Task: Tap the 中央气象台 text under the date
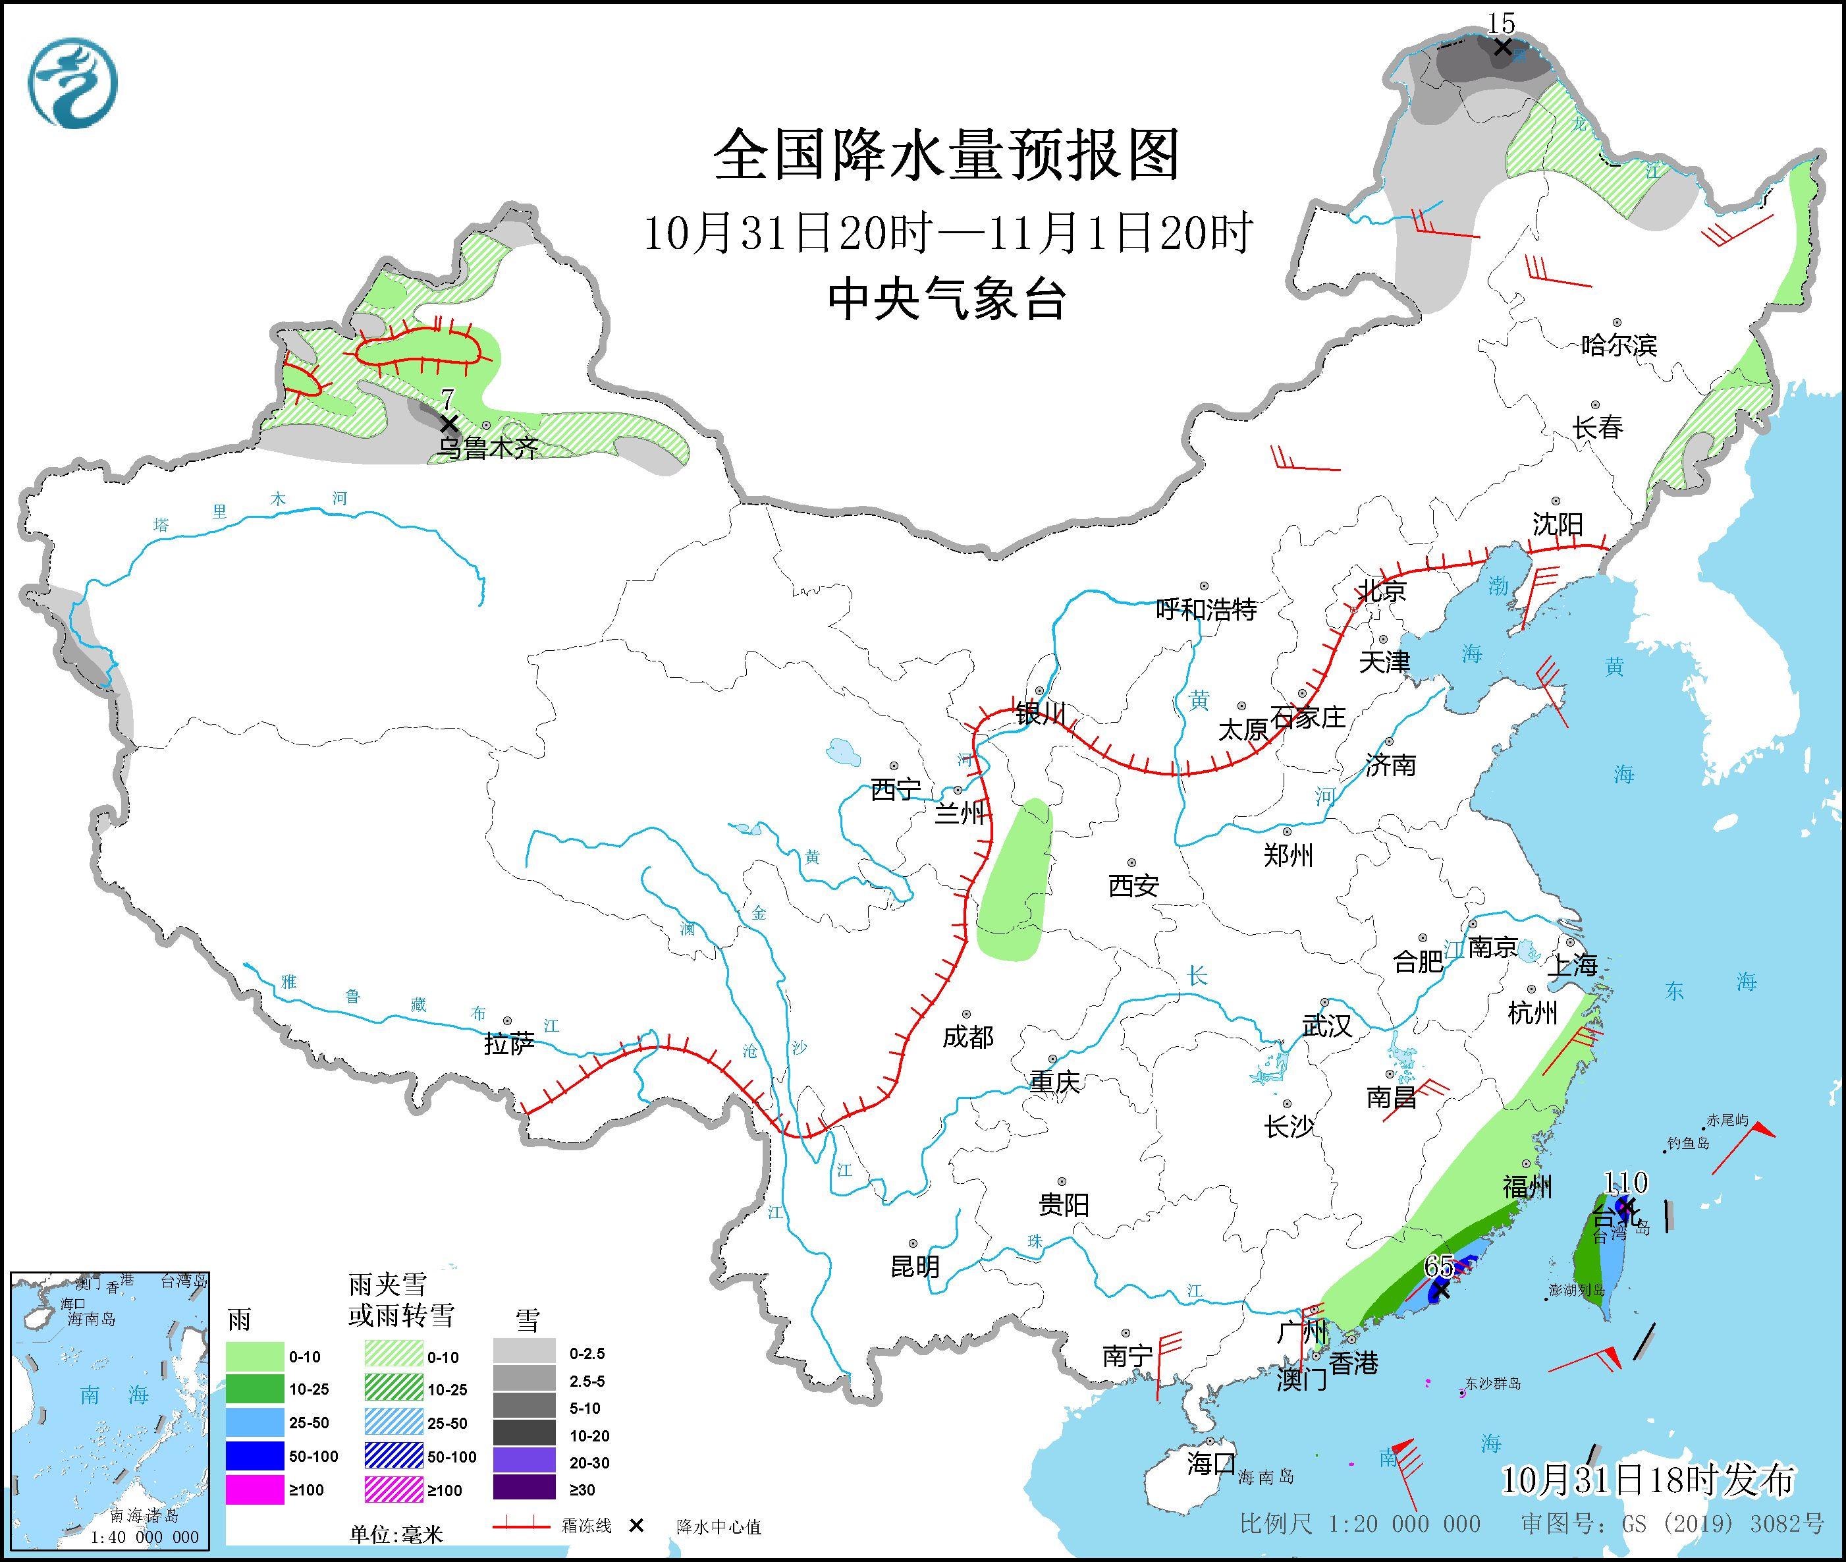946,298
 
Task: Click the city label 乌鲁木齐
488,449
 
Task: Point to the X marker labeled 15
1502,47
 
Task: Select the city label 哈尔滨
1618,345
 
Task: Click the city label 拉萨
509,1044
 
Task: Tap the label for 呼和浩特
1206,609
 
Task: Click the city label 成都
967,1037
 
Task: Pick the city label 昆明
915,1267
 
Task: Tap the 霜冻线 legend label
586,1526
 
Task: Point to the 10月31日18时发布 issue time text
1648,1480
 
